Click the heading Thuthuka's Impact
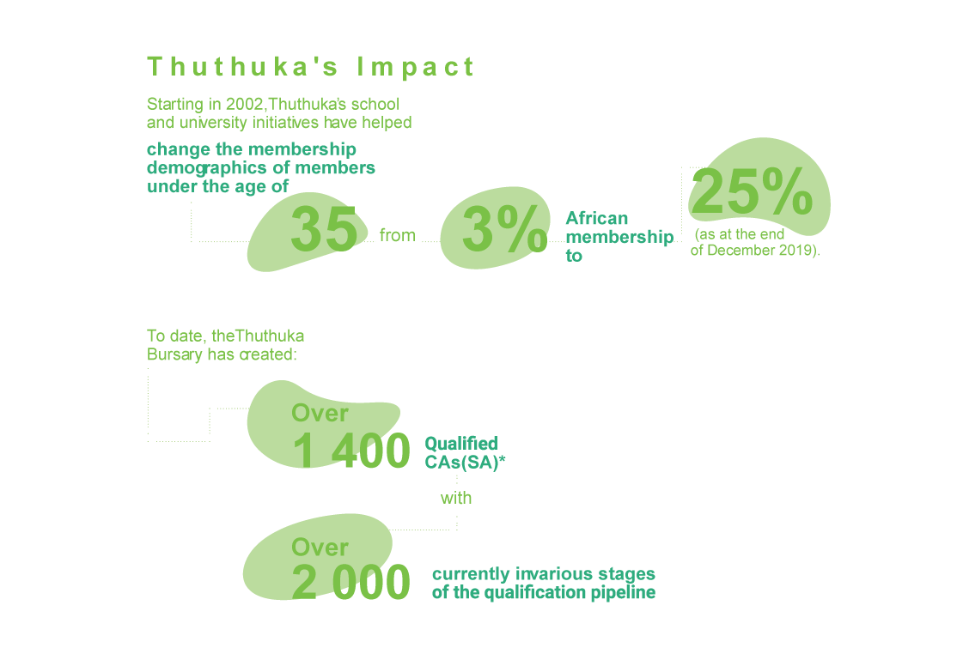(311, 67)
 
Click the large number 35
(324, 229)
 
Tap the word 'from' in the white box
(398, 235)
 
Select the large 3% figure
(503, 230)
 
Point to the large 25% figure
(752, 192)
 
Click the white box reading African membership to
(617, 233)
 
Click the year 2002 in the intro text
(243, 104)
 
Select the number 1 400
(351, 451)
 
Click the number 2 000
(351, 583)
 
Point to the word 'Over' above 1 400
(320, 413)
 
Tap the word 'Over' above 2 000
(320, 547)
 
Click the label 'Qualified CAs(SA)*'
(464, 452)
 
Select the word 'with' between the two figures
(456, 498)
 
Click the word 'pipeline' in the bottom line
(624, 592)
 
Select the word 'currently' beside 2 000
(470, 573)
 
